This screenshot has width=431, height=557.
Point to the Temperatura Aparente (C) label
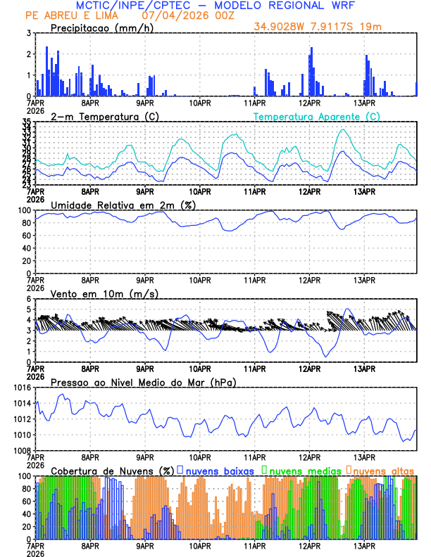[x=316, y=116]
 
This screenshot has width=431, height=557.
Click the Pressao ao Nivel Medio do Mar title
[x=143, y=382]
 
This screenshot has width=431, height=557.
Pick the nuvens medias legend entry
[x=301, y=470]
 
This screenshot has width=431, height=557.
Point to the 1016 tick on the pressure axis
[x=23, y=388]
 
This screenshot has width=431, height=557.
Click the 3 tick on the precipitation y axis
[x=29, y=33]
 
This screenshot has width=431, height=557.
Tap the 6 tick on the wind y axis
[x=29, y=299]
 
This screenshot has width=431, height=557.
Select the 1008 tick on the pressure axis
[x=23, y=451]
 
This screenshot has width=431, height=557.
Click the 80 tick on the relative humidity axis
[x=26, y=223]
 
